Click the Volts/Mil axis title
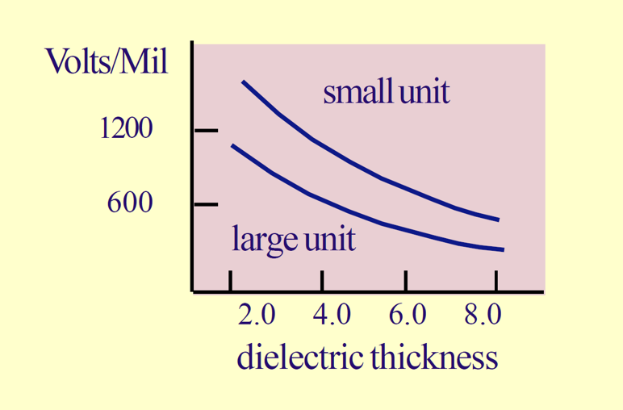coord(107,61)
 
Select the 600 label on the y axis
coord(129,203)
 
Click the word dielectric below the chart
coord(299,356)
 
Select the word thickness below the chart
coord(433,356)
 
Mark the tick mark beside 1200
coord(207,130)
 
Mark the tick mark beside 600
coord(207,204)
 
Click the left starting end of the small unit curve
coord(243,82)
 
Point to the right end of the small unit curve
coord(499,220)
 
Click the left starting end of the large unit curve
coord(232,145)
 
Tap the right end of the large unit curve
coord(504,249)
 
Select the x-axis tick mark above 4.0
coord(321,282)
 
